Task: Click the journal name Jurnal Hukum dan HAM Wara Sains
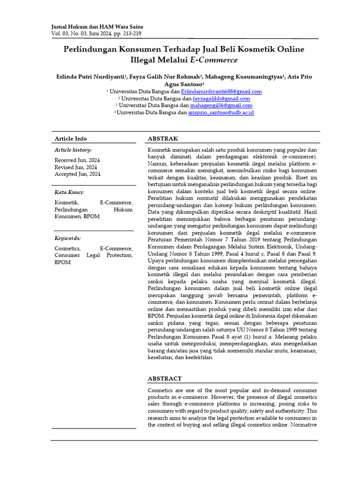tap(97, 27)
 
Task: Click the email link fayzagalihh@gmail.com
tap(222, 99)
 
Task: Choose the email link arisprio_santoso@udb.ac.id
tap(221, 113)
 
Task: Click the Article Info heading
tap(71, 139)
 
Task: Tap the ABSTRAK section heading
tap(163, 139)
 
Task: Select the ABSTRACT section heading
tap(165, 379)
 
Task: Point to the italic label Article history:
tap(73, 150)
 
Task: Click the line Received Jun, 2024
tap(77, 160)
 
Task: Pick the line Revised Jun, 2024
tap(76, 167)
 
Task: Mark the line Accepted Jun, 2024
tap(77, 174)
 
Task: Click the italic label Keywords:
tap(67, 238)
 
